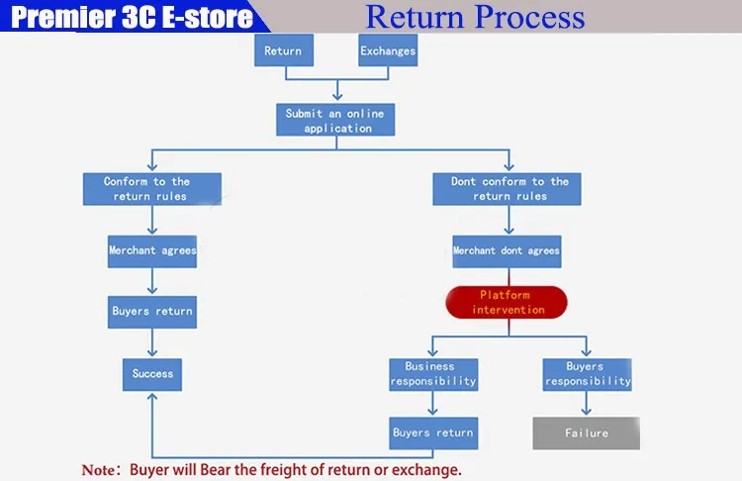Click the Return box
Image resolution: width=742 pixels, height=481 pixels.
[x=283, y=50]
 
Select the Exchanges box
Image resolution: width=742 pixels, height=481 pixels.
[x=388, y=50]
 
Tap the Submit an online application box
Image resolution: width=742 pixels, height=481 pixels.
[x=336, y=120]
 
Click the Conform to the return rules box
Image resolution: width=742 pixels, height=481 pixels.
[x=151, y=188]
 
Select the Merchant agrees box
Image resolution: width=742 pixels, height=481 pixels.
[x=151, y=250]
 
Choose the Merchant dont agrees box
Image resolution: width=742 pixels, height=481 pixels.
[x=506, y=250]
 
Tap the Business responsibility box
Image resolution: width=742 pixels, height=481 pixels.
[x=433, y=373]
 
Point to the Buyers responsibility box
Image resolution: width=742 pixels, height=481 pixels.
[x=586, y=373]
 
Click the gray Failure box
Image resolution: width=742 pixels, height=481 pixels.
[x=586, y=433]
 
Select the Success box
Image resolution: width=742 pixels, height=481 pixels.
[x=152, y=373]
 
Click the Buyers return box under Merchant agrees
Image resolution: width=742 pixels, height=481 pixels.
[x=151, y=311]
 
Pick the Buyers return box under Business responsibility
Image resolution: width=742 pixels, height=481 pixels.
[x=433, y=433]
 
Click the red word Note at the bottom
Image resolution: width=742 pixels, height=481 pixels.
[x=99, y=469]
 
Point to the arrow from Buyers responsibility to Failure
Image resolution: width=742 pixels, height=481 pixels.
[x=586, y=403]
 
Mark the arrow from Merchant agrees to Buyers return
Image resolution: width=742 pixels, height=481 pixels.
[x=151, y=280]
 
